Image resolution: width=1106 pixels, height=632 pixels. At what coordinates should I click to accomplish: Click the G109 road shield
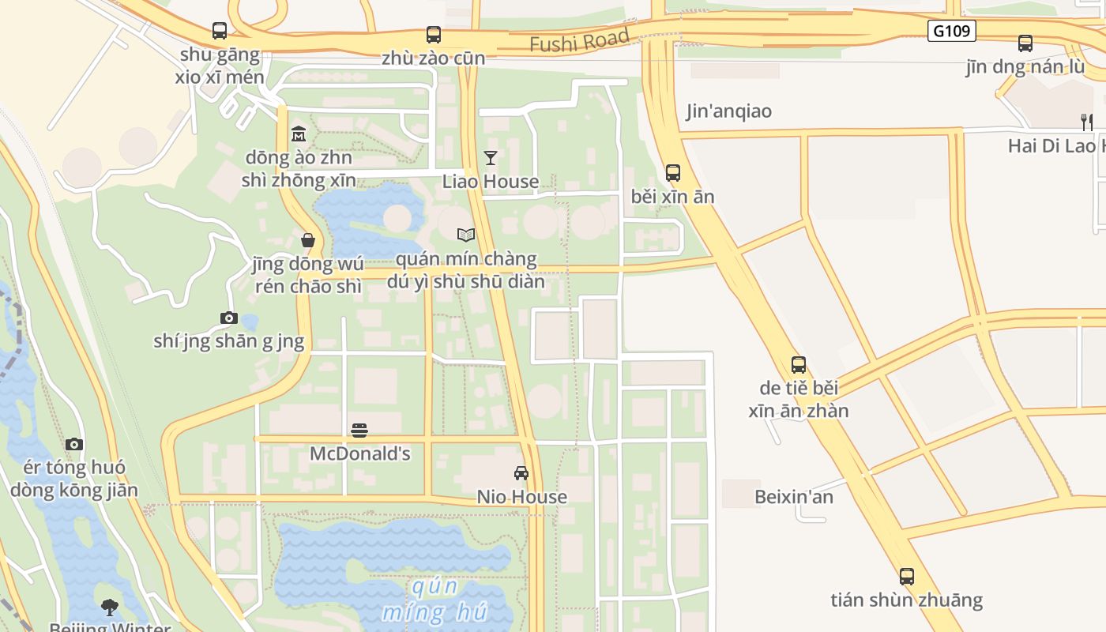[x=952, y=31]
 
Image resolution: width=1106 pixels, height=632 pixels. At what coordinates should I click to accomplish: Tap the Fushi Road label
[x=579, y=40]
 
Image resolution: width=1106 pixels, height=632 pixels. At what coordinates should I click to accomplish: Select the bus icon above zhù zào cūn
[x=434, y=35]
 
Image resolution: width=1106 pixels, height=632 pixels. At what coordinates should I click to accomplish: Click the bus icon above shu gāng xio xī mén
[x=220, y=31]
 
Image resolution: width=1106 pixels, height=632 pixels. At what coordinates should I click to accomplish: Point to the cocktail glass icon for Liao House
[x=491, y=158]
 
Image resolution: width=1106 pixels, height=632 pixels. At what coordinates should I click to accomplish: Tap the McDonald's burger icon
[x=359, y=431]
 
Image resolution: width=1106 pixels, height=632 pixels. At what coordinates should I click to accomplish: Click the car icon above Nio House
[x=521, y=473]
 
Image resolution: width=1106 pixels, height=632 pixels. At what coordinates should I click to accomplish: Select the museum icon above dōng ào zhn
[x=299, y=134]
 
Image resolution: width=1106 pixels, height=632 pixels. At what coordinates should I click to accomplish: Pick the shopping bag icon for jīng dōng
[x=308, y=240]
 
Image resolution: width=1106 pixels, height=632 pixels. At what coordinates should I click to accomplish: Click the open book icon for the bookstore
[x=466, y=235]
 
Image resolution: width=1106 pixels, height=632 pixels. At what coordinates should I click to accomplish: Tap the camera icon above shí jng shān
[x=229, y=318]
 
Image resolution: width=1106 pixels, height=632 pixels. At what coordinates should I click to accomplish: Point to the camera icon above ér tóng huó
[x=74, y=444]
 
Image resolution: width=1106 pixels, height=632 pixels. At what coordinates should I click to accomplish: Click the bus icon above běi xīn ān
[x=673, y=173]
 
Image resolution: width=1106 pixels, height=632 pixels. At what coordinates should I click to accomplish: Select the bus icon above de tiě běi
[x=799, y=365]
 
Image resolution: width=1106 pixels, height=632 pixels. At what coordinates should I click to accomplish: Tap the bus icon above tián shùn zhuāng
[x=907, y=577]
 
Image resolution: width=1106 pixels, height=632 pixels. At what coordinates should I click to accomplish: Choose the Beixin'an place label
[x=793, y=497]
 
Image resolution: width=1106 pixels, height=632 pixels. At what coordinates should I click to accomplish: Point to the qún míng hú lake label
[x=434, y=599]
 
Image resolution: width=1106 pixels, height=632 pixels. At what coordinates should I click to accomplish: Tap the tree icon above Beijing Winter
[x=110, y=608]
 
